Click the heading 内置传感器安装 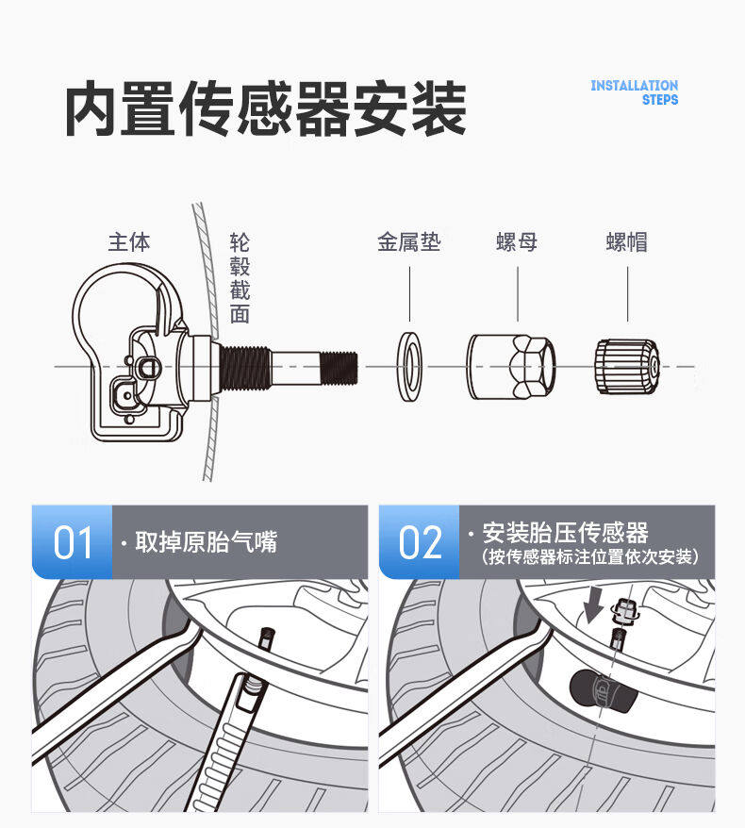point(266,108)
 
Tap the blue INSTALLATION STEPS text point(634,92)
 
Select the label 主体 point(129,242)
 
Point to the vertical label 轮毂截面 point(240,278)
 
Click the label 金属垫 point(409,242)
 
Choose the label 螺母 point(517,242)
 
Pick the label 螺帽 point(627,242)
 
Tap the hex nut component point(511,367)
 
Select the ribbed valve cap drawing point(627,367)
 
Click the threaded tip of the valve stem point(339,368)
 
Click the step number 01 point(73,542)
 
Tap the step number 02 point(420,542)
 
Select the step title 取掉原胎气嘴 point(206,542)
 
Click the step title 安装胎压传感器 point(566,532)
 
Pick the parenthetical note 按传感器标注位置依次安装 point(590,556)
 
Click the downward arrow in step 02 point(593,605)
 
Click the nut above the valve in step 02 point(624,610)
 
